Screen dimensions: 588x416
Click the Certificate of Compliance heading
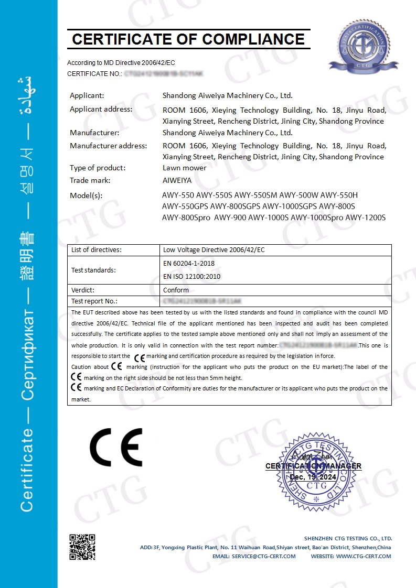(x=188, y=39)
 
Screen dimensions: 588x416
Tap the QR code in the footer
(x=82, y=547)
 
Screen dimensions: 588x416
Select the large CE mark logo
(x=116, y=447)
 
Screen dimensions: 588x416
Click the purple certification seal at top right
(x=360, y=47)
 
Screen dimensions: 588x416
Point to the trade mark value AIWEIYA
(x=177, y=180)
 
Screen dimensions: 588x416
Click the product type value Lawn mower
(x=184, y=168)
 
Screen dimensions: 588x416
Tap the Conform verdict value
(x=176, y=290)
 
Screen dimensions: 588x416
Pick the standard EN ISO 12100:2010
(x=191, y=276)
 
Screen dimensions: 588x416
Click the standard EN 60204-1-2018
(x=188, y=263)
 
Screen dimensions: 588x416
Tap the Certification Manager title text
(x=313, y=466)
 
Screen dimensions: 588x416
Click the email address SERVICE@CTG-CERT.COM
(x=263, y=556)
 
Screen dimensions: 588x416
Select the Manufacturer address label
(x=109, y=146)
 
